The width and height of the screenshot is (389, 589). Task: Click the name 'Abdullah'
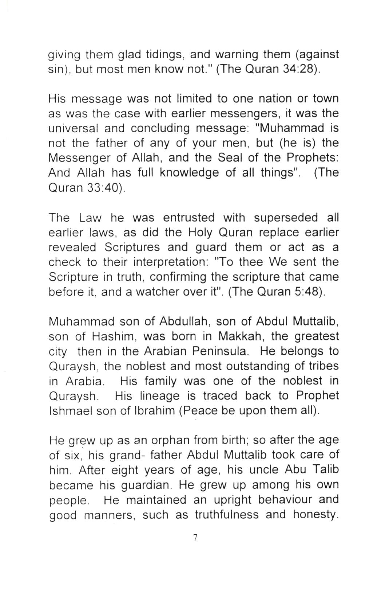183,322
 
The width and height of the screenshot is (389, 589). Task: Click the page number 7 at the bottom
195,538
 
